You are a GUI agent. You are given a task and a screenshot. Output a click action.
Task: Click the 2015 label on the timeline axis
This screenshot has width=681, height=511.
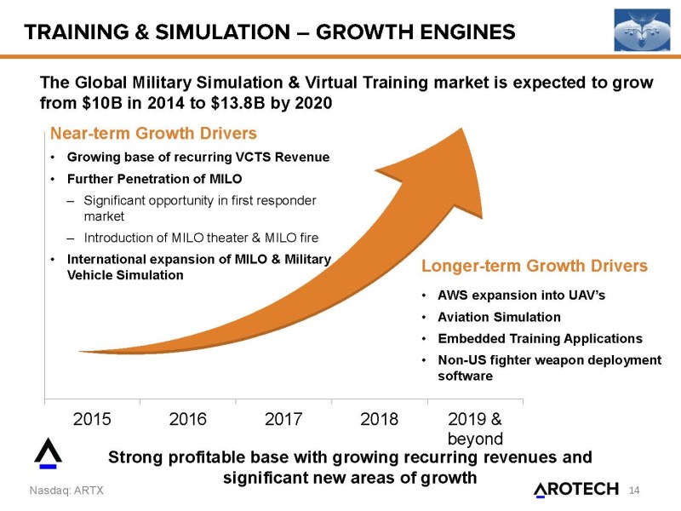(x=93, y=418)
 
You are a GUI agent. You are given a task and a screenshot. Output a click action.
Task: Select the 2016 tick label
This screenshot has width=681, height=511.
(x=188, y=418)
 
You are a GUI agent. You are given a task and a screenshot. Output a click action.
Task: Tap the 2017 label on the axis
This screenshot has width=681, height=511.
(x=284, y=418)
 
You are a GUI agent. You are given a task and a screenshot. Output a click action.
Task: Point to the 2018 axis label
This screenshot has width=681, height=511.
(x=380, y=418)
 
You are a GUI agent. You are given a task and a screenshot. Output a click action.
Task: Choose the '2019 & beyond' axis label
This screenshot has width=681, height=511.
(x=475, y=428)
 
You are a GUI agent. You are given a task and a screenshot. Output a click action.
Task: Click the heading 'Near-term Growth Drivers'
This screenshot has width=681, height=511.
(x=153, y=134)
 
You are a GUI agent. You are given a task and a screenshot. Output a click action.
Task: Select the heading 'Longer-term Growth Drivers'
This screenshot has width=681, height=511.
(x=535, y=267)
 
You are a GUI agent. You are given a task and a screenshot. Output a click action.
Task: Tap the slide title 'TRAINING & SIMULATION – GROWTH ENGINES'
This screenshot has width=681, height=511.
(x=269, y=32)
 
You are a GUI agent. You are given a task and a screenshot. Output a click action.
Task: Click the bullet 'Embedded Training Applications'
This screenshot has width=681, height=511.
(x=540, y=338)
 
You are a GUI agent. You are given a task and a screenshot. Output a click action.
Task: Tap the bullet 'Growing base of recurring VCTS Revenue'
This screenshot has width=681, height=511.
(x=197, y=158)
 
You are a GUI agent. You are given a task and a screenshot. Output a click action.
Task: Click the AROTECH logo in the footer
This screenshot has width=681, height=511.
(x=577, y=489)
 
